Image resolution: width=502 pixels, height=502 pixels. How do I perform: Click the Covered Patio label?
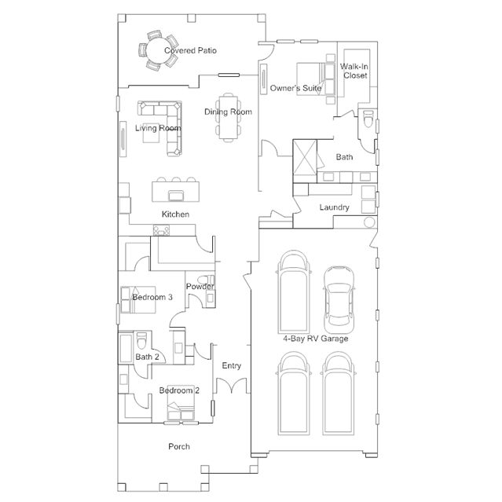click(x=190, y=50)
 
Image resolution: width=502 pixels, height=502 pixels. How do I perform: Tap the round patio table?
click(x=158, y=50)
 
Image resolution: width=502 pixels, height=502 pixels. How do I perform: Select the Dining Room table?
click(x=229, y=117)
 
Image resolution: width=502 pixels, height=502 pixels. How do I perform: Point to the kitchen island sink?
click(x=175, y=196)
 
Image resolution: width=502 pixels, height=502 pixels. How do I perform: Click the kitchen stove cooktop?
click(x=161, y=230)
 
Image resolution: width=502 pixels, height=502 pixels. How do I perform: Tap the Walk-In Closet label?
click(x=354, y=71)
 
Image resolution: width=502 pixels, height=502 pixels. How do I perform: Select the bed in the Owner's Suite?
click(x=316, y=79)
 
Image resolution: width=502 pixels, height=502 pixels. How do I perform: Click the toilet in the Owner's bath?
click(x=368, y=119)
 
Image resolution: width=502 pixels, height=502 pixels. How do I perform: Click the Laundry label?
click(x=334, y=207)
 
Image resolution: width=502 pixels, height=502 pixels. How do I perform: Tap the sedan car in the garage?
click(x=339, y=299)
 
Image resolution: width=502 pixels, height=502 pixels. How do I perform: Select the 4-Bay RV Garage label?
click(x=315, y=339)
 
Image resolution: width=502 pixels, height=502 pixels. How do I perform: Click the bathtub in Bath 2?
click(x=126, y=348)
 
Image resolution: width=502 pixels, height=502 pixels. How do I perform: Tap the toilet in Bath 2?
click(x=141, y=341)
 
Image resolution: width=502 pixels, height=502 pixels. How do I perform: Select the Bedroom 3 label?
click(x=152, y=297)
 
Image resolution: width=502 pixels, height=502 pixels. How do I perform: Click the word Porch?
click(x=179, y=446)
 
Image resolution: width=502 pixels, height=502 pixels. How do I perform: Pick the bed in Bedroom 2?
click(x=181, y=403)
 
